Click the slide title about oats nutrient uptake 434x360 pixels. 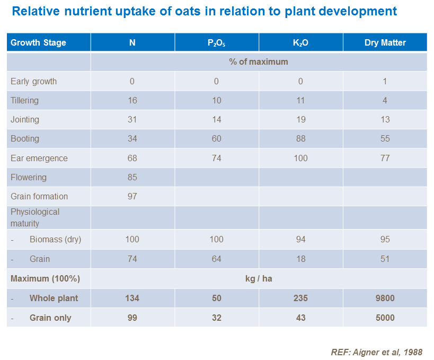[x=204, y=11]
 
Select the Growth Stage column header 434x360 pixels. [x=38, y=42]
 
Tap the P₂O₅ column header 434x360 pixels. [x=216, y=43]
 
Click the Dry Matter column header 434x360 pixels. [x=385, y=42]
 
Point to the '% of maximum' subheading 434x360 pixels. [x=258, y=62]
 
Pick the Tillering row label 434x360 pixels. [x=24, y=100]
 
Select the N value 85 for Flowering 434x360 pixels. [x=132, y=177]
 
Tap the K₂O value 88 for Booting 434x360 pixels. [x=300, y=138]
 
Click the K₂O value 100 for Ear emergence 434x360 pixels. [x=300, y=158]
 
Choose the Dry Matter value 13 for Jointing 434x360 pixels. [x=385, y=119]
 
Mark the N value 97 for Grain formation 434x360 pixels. [x=132, y=196]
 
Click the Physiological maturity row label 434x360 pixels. [x=35, y=217]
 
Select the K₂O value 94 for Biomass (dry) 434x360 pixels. [x=300, y=239]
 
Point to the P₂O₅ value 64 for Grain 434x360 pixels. [x=216, y=259]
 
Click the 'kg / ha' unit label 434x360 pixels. [x=258, y=278]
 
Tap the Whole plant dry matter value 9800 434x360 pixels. [x=385, y=298]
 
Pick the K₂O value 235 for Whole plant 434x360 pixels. [x=300, y=298]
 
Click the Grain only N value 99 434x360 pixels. [x=132, y=318]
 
